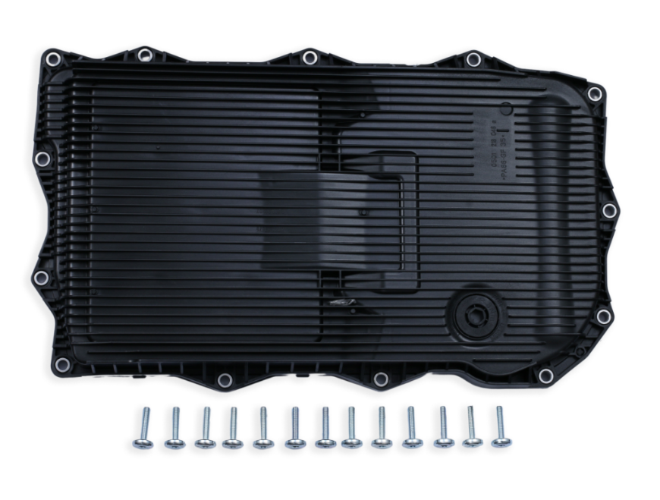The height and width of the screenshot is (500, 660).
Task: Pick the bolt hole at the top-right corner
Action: [x=596, y=93]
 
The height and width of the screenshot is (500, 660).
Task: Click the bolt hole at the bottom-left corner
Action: [x=62, y=364]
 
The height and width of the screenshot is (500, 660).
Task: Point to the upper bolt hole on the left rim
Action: [x=43, y=159]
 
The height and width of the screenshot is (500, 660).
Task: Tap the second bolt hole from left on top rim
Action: [x=144, y=54]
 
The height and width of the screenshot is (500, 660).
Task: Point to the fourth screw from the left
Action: [x=233, y=429]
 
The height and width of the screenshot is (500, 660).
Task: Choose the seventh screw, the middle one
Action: [x=324, y=429]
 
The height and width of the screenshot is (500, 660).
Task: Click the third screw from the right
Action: [x=442, y=429]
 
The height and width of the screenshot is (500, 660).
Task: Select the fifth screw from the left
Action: [x=262, y=429]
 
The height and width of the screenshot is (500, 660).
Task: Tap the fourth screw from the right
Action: [x=411, y=429]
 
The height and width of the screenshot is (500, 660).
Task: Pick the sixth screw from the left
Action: [x=294, y=429]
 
